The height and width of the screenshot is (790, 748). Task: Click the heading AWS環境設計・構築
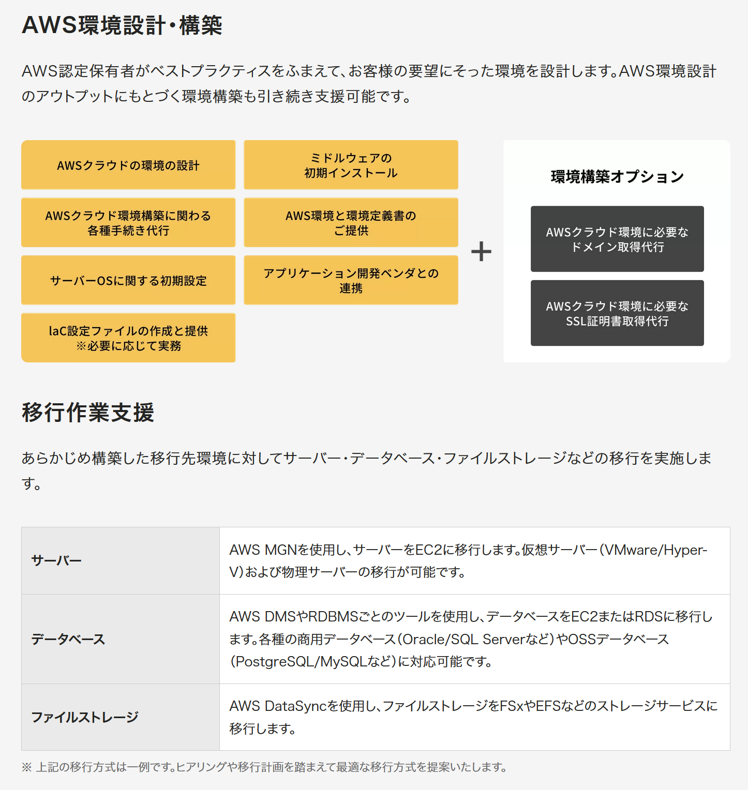(x=122, y=25)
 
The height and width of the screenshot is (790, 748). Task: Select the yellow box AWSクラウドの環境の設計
(x=128, y=165)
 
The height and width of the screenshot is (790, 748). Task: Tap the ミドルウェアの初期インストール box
(x=351, y=165)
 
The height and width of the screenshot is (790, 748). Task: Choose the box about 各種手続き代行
(x=128, y=222)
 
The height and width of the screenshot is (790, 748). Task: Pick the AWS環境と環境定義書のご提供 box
(x=351, y=222)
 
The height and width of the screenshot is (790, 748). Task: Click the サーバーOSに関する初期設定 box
(x=128, y=280)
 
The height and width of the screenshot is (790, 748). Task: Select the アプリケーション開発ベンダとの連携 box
(x=351, y=280)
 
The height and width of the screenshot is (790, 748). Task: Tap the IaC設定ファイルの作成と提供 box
(x=128, y=338)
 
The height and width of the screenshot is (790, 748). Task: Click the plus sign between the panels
(x=481, y=251)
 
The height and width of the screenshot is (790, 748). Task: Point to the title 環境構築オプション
(x=617, y=177)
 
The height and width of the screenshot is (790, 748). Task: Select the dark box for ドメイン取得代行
(x=617, y=239)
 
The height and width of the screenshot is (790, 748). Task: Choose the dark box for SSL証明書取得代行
(x=617, y=313)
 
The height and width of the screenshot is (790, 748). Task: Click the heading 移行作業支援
(x=88, y=412)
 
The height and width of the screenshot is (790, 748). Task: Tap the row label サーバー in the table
(x=121, y=561)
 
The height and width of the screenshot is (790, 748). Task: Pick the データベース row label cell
(x=121, y=639)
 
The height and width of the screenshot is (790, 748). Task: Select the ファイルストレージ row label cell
(x=121, y=717)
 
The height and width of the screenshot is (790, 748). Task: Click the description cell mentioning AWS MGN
(x=475, y=561)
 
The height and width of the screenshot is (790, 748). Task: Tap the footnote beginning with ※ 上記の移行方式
(x=264, y=767)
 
